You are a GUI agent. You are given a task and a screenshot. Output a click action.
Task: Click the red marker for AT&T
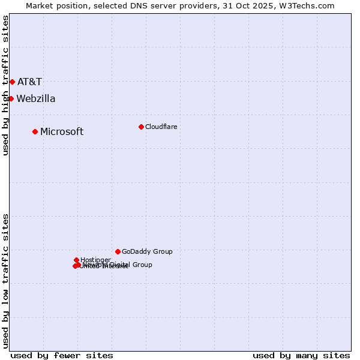coord(12,82)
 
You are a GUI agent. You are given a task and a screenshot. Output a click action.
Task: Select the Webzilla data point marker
coord(11,98)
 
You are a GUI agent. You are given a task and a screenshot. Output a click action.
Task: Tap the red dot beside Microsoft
coord(35,131)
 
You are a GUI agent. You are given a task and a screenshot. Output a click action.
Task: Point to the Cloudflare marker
coord(141,127)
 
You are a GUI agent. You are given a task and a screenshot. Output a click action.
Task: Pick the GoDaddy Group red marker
coord(118,251)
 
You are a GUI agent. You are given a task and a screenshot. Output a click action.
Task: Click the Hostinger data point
coord(76,260)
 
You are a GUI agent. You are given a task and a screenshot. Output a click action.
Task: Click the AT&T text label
coord(29,82)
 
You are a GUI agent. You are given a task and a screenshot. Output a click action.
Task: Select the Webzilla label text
coord(36,98)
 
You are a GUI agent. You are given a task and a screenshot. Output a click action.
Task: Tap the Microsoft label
coord(62,131)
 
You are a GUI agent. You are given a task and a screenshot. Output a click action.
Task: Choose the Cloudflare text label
coord(161,127)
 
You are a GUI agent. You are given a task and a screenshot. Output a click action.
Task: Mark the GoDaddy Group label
coord(147,251)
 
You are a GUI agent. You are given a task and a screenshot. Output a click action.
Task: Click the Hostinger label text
coord(95,260)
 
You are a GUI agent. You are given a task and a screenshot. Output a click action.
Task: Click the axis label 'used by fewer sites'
coord(62,355)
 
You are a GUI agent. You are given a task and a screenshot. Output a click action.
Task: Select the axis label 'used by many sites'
coord(301,355)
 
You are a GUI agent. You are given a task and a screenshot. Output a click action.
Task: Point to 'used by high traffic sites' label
coord(6,85)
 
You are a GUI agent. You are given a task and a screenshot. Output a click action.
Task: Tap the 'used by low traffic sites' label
coord(6,281)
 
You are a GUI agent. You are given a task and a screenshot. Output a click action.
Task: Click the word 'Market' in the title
coord(40,5)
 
